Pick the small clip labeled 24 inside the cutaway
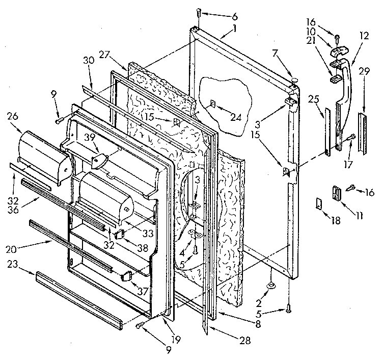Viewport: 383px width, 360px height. [x=213, y=104]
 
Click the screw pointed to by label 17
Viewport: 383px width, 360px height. [x=351, y=137]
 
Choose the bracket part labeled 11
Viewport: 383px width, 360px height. [x=337, y=194]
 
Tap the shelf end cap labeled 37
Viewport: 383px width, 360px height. [x=126, y=277]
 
